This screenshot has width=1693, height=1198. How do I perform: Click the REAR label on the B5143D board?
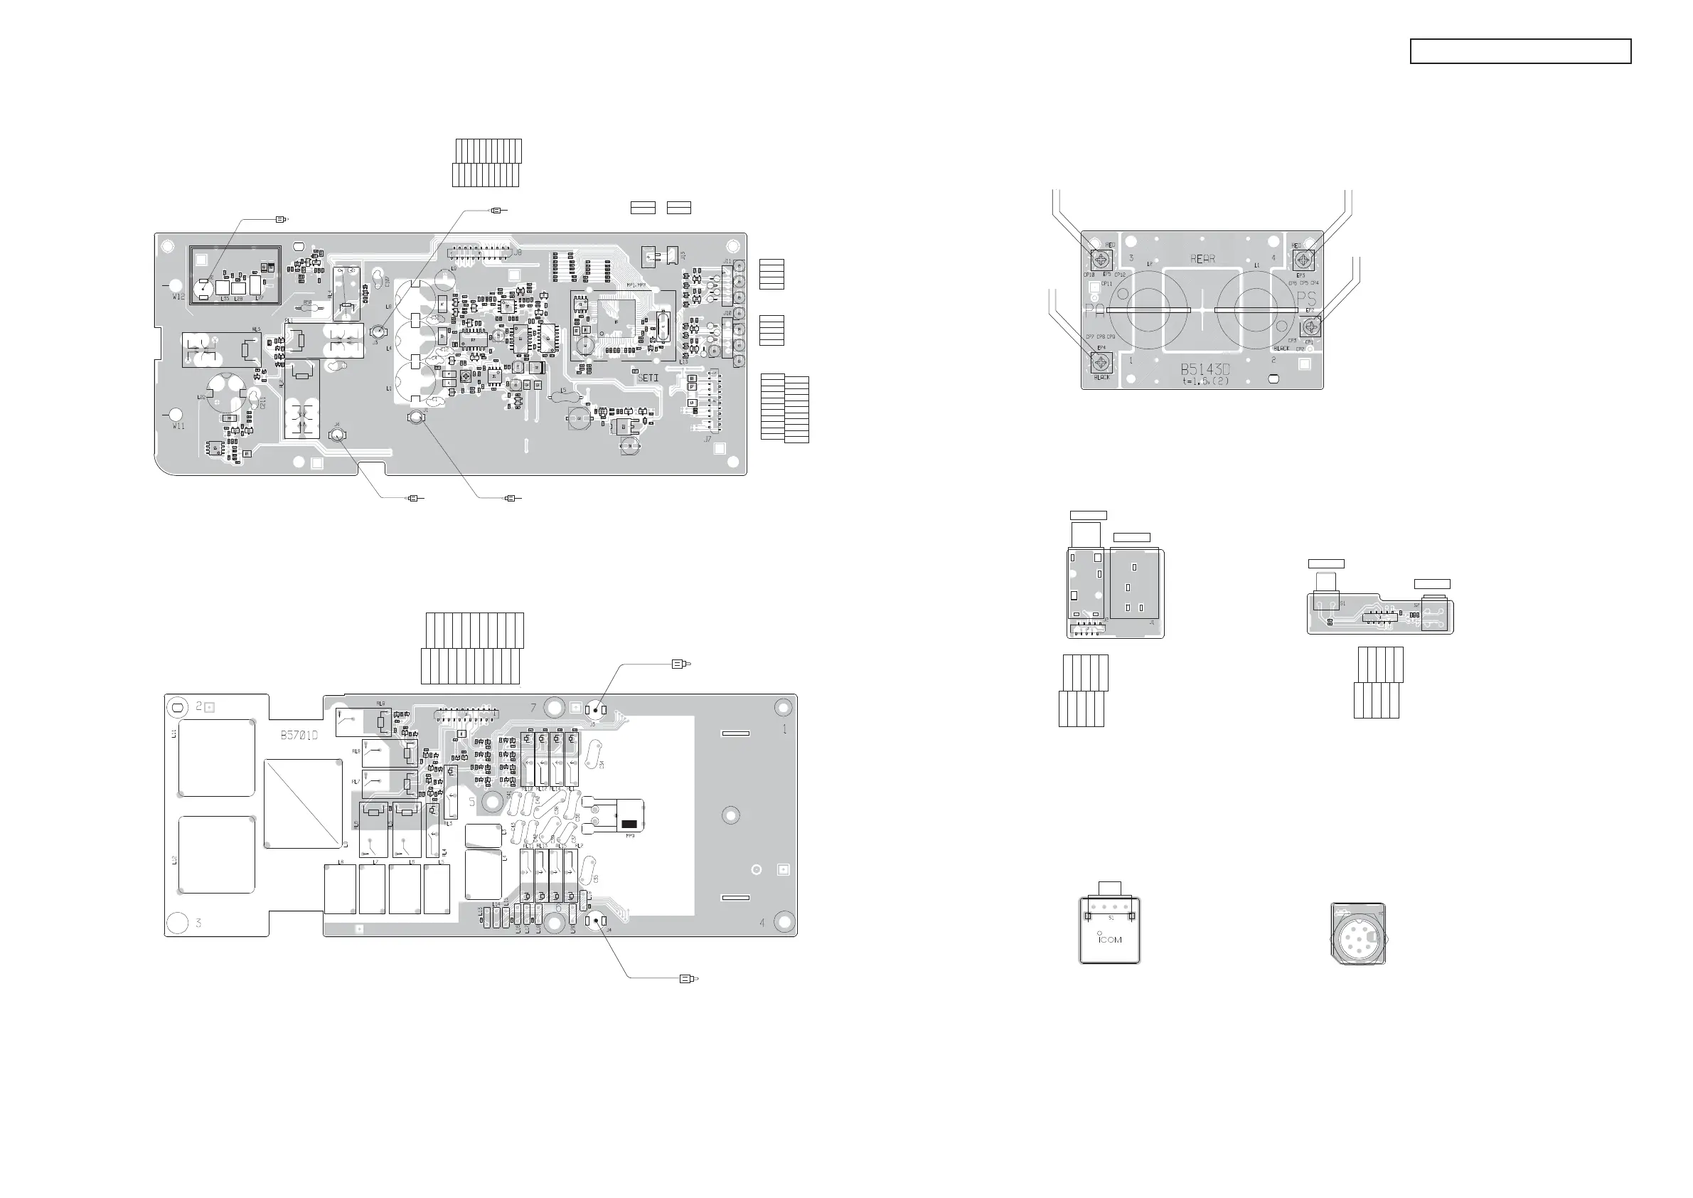(1202, 259)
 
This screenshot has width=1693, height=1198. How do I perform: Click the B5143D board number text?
(1205, 369)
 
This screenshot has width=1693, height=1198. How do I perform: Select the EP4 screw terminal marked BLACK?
(1101, 362)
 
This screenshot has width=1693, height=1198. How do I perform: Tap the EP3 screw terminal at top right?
(1303, 260)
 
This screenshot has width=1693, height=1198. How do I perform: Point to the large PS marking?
(1306, 299)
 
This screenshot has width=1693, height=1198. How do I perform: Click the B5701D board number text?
(299, 736)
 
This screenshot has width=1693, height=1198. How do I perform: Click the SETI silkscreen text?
(648, 378)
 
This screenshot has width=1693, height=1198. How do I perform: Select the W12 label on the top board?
(178, 297)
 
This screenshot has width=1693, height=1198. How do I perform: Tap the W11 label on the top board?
(178, 426)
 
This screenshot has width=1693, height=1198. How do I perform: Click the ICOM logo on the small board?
(1110, 940)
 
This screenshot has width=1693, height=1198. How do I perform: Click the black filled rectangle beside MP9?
(630, 824)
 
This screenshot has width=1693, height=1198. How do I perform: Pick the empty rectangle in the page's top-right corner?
(1520, 52)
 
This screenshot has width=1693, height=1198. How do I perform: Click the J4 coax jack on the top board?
(338, 435)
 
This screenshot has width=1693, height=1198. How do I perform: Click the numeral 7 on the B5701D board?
(534, 708)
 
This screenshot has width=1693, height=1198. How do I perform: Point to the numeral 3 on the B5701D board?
(198, 923)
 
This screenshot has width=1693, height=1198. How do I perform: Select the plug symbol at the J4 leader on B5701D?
(688, 979)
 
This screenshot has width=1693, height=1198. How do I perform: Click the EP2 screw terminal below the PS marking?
(1310, 325)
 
